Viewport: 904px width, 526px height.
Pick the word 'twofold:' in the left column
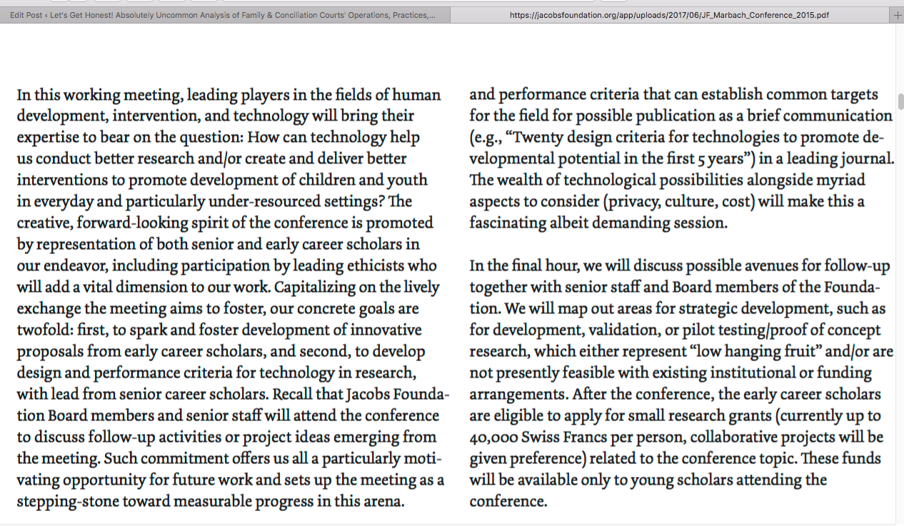click(45, 330)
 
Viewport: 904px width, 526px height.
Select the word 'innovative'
click(386, 330)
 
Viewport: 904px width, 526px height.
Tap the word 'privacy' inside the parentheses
click(633, 202)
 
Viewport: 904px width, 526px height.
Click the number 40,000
click(493, 438)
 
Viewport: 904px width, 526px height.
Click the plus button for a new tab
click(898, 15)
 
